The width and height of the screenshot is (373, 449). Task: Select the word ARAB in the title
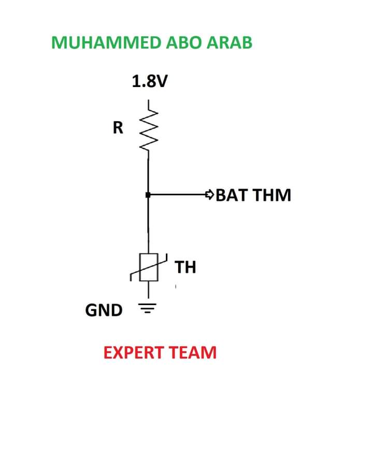click(x=229, y=42)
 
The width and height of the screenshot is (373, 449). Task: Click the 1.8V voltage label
click(x=150, y=81)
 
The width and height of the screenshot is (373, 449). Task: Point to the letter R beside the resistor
click(x=118, y=128)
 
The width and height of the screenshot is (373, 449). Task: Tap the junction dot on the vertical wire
click(x=148, y=195)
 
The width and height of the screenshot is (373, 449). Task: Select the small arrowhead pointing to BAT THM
click(x=209, y=195)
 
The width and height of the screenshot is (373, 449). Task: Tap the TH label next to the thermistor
click(x=185, y=267)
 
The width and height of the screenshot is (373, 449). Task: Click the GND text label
click(x=104, y=310)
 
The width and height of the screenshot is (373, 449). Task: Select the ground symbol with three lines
click(x=149, y=310)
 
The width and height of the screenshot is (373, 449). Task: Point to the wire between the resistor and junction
click(x=148, y=173)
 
